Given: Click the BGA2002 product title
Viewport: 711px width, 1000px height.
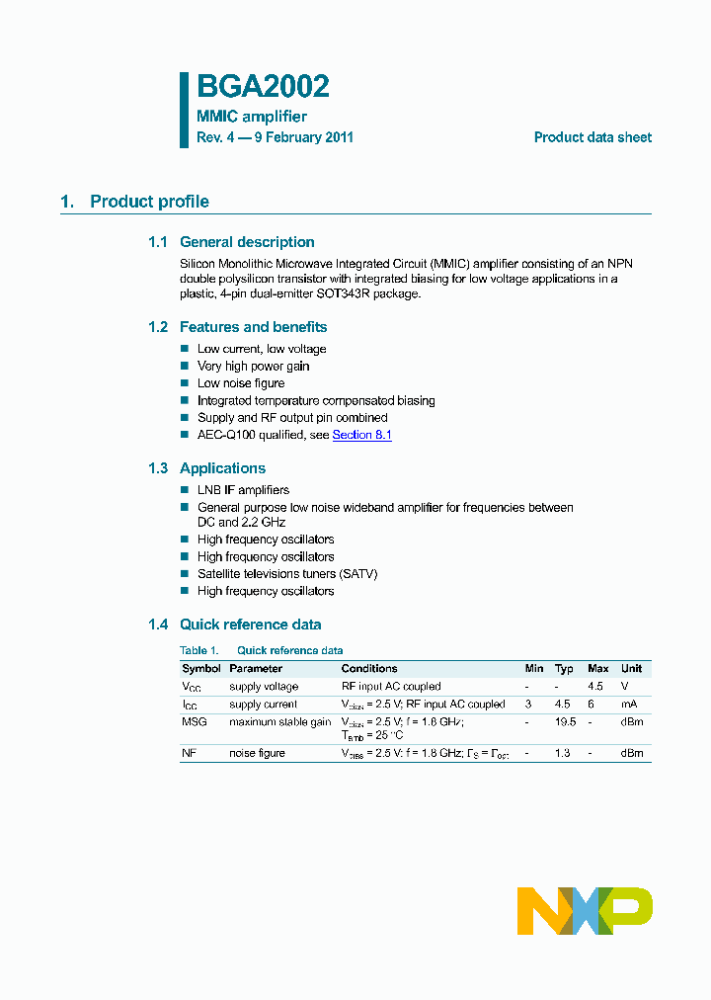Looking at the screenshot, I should (263, 88).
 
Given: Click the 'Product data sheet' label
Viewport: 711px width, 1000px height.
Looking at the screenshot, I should (592, 137).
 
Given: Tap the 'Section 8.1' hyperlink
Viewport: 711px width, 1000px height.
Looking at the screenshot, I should (361, 435).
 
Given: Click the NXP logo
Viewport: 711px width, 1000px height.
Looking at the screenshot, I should (585, 910).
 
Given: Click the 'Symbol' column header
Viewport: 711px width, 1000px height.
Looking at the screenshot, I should (201, 669).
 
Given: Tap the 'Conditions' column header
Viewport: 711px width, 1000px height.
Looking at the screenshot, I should (369, 669).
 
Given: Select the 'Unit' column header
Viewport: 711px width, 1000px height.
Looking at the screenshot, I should (631, 669).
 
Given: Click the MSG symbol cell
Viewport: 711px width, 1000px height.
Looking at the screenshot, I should (194, 722).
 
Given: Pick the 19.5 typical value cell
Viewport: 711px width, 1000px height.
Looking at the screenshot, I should (565, 722).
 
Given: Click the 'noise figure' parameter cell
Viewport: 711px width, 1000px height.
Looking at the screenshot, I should (257, 754).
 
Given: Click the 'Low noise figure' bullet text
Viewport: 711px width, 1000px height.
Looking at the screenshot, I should (241, 383).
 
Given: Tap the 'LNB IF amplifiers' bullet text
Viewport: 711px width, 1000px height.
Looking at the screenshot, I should (243, 490).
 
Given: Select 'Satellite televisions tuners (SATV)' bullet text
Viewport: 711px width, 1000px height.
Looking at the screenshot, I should (287, 574).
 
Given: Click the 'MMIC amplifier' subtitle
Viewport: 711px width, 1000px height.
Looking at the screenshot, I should (252, 117).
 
